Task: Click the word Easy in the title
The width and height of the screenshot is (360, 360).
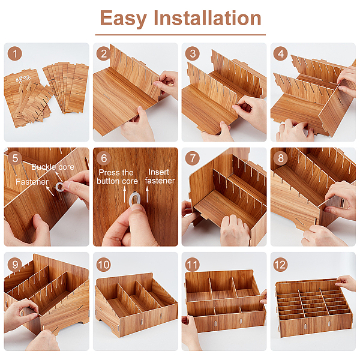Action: pos(123,19)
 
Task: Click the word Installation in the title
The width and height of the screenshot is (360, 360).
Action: pos(208,18)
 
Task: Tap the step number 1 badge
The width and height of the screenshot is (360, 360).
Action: pos(15,54)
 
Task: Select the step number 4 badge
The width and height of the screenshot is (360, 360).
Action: pos(281,54)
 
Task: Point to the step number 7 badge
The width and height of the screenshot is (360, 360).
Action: pos(193,158)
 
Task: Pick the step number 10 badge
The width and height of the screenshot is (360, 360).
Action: pos(104,265)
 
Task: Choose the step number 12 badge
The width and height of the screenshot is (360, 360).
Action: pos(281,265)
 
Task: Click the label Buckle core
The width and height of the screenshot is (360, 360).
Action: pos(53,167)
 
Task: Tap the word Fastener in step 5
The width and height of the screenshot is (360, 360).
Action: pos(32,182)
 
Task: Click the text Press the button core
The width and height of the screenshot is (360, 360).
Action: pos(117,177)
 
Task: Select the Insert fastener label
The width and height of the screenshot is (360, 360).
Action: pos(160,176)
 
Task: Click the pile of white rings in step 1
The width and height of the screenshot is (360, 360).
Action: pos(23,79)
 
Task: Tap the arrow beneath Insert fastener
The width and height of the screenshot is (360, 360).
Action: pos(147,194)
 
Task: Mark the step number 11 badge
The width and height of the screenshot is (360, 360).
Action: pos(193,265)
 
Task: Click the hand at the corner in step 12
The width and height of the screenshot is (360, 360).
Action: pos(346,283)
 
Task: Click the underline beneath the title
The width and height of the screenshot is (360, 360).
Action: pos(181,35)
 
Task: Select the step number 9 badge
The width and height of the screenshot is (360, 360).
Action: pos(15,265)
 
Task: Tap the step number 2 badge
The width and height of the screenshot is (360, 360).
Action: pos(104,54)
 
